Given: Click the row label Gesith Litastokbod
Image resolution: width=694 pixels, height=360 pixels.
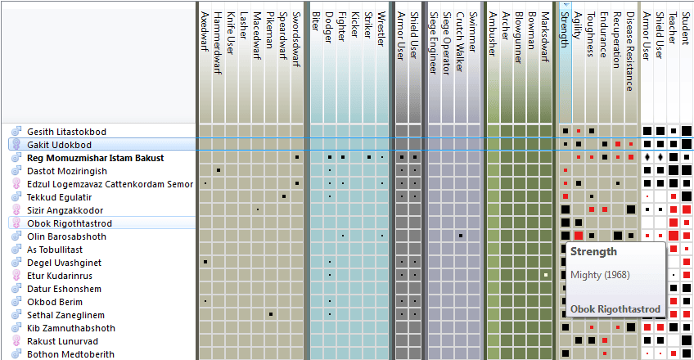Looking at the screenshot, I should (x=66, y=132).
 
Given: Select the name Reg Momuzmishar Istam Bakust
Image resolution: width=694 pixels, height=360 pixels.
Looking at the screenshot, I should (x=95, y=158).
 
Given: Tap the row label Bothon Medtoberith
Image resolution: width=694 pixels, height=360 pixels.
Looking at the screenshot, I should (x=70, y=354).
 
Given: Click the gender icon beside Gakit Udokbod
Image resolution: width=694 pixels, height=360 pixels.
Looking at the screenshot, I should (x=15, y=145).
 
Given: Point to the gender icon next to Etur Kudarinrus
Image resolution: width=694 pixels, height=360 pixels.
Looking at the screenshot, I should (x=15, y=276).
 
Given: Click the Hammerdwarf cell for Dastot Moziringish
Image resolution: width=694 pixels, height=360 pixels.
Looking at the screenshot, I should (x=219, y=170).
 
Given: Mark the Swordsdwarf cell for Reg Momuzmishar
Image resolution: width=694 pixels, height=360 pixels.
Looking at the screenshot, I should (x=297, y=157).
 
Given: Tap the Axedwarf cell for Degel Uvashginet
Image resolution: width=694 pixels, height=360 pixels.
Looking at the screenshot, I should (x=205, y=262).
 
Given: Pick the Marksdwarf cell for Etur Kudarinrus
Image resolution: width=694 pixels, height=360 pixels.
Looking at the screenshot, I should (x=546, y=275).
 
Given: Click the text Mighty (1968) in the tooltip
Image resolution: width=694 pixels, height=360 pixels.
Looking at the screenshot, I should (x=599, y=274).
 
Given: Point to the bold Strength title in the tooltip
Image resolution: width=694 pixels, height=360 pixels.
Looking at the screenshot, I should (x=593, y=252).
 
